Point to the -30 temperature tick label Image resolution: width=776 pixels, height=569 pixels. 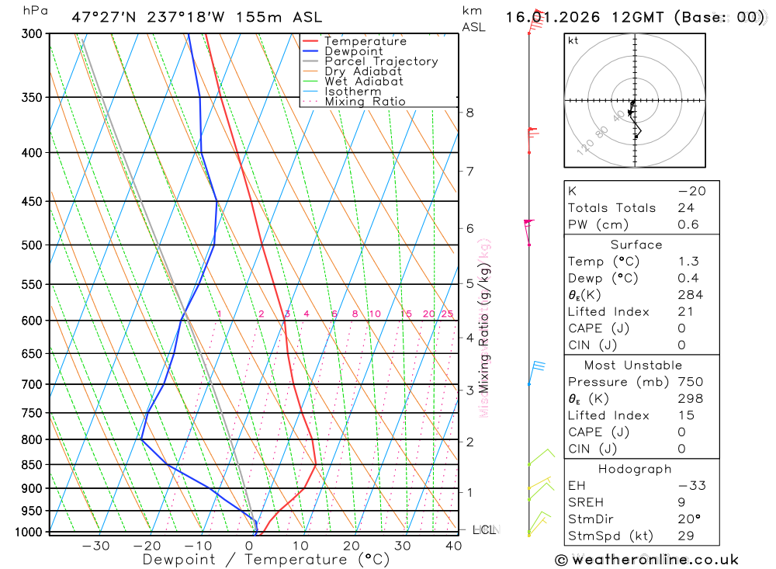[x=95, y=546]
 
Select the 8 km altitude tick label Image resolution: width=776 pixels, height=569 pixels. [x=469, y=113]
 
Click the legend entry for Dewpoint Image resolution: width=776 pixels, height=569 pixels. [x=353, y=51]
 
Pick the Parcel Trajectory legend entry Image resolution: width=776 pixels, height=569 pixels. [x=381, y=61]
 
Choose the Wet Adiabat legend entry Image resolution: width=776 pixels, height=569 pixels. [x=364, y=82]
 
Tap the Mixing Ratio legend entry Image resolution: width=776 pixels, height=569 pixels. [x=365, y=102]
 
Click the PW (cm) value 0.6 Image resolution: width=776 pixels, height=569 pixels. [x=688, y=225]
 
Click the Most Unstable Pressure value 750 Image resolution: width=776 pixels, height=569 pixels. [x=690, y=382]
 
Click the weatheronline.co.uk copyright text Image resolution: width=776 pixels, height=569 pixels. [x=646, y=560]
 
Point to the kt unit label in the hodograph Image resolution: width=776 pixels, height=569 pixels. [x=573, y=40]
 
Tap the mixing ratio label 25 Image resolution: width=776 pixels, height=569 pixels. [x=447, y=314]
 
